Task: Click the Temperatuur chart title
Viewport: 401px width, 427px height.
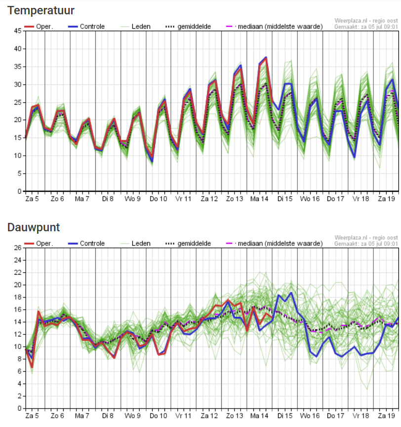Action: point(41,10)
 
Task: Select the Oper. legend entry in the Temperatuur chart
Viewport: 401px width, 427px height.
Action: point(39,26)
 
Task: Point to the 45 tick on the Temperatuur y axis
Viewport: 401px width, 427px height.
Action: point(17,31)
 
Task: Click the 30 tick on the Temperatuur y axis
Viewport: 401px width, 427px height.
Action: point(17,85)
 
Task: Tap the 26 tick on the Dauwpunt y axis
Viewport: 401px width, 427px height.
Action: point(17,248)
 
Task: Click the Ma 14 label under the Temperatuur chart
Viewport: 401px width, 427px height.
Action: point(259,199)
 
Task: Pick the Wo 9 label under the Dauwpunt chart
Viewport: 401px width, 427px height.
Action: point(132,416)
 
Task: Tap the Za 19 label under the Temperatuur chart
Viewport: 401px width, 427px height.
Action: point(386,199)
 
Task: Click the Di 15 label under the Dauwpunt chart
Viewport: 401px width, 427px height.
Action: point(284,416)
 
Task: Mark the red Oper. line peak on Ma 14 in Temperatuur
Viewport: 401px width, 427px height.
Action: point(266,58)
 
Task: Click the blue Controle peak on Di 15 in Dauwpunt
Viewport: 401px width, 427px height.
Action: point(291,293)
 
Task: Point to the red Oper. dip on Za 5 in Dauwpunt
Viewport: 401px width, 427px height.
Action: point(32,367)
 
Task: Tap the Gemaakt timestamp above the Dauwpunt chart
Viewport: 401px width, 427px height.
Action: point(366,244)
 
